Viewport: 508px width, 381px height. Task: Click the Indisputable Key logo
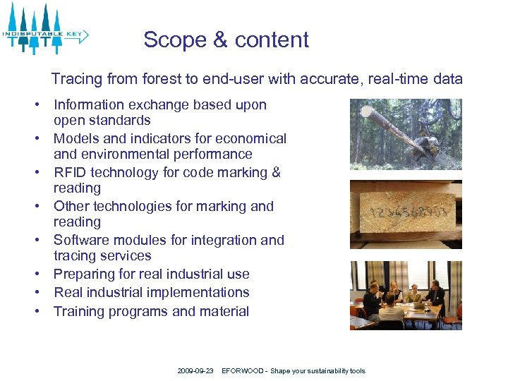[45, 29]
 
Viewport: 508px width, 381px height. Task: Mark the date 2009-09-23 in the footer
[195, 371]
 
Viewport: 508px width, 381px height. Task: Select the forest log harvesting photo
[406, 134]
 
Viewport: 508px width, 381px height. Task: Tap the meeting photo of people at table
[406, 296]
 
